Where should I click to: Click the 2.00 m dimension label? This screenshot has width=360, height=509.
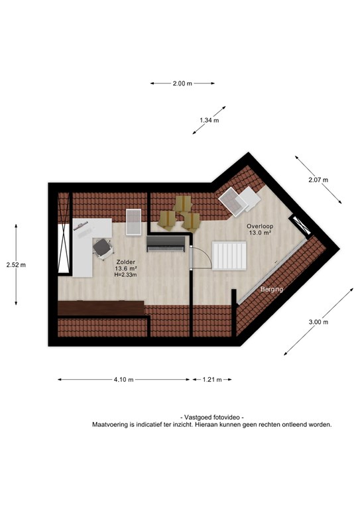coord(182,84)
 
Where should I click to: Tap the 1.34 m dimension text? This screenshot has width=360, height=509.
coord(210,120)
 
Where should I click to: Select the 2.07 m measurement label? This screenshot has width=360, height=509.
coord(318,180)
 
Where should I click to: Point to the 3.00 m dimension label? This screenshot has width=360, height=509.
coord(318,322)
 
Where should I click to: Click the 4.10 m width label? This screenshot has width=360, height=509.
coord(124,380)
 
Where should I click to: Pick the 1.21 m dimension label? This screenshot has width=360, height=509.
coord(212,380)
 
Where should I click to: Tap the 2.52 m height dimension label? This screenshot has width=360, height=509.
coord(16,265)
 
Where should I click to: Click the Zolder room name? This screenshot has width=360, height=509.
coord(125,262)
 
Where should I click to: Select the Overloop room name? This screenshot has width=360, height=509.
coord(260,226)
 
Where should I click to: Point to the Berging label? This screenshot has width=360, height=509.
coord(272,289)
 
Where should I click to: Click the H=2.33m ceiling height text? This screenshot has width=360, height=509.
coord(125,274)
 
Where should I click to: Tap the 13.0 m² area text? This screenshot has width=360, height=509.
coord(260,233)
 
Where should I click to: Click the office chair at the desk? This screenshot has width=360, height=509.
coord(103,249)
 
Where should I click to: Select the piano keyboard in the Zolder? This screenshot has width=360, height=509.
coord(166,244)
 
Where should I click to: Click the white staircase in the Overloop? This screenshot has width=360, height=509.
coord(229,255)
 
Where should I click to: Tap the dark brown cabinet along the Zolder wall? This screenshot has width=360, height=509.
coord(101,308)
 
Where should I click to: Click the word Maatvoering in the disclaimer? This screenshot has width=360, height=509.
coord(109,424)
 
